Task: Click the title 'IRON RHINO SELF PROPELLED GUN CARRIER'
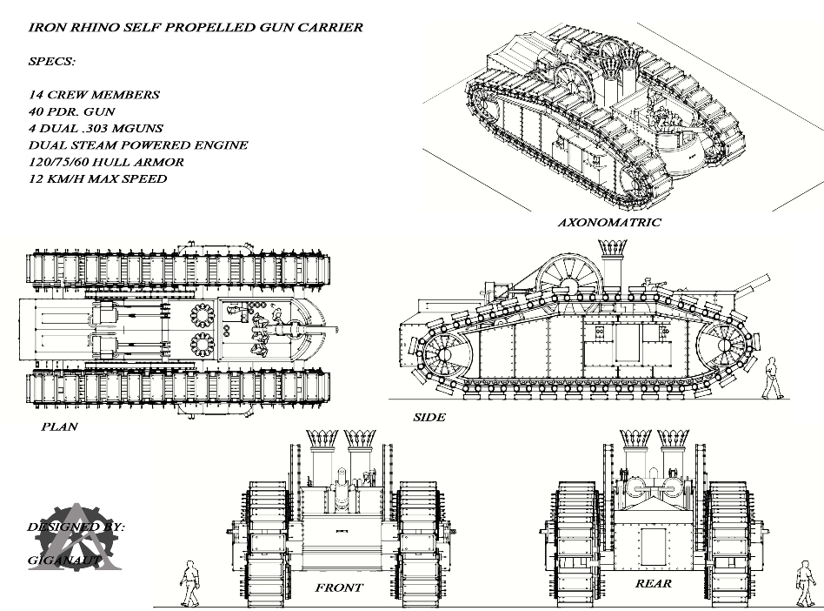pos(196,27)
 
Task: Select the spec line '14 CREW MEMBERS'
pos(94,94)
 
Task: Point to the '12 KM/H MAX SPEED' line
pos(97,178)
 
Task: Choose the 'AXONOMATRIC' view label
pos(608,222)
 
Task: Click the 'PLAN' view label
pos(59,426)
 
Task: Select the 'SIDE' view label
pos(429,417)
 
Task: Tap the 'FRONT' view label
pos(339,587)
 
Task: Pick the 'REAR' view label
pos(653,583)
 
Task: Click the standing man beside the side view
pos(772,378)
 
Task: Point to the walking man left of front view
pos(189,583)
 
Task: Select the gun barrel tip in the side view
pos(767,277)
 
